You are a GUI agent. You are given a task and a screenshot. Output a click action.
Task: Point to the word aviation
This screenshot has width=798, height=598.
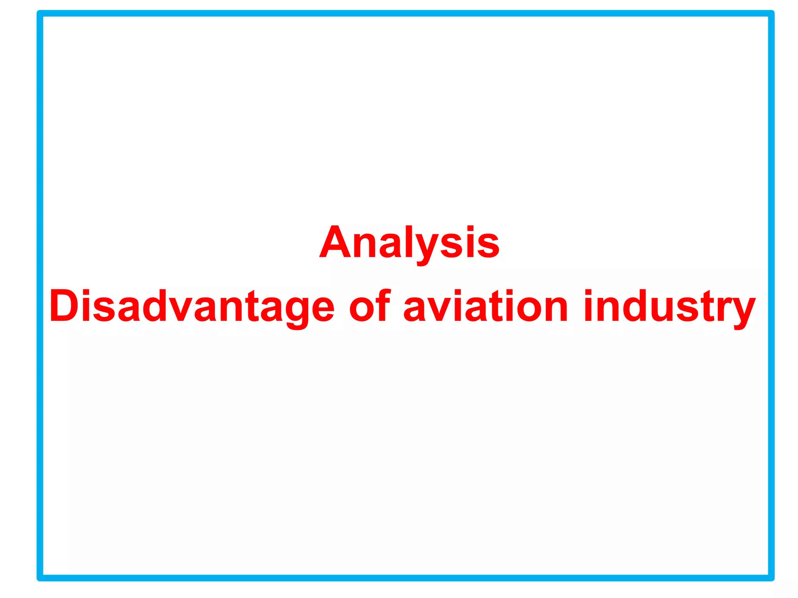[x=486, y=307]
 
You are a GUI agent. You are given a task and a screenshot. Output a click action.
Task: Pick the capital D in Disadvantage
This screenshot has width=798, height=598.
[x=64, y=306]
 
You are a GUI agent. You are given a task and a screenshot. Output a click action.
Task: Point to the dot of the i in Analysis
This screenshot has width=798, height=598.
[x=470, y=228]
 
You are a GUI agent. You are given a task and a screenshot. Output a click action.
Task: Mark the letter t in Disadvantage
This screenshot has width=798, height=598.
[x=251, y=307]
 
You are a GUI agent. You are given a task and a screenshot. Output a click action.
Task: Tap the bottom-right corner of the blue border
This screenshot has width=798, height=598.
[x=771, y=578]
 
